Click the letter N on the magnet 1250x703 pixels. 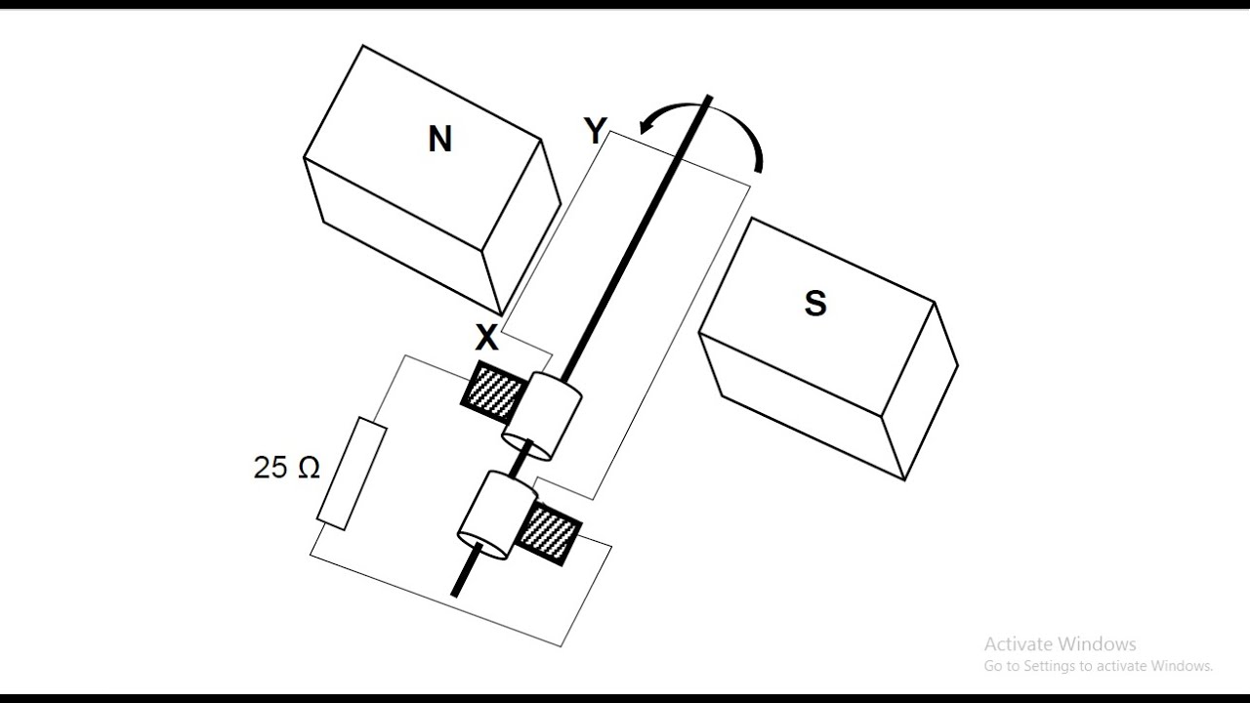tap(439, 140)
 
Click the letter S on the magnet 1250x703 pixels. tap(814, 304)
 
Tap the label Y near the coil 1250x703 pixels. tap(595, 131)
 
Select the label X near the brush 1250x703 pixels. tap(486, 339)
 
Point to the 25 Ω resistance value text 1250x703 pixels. tap(286, 468)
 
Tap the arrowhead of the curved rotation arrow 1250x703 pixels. tap(646, 126)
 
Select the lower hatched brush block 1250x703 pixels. tap(547, 532)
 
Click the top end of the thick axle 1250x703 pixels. tap(709, 99)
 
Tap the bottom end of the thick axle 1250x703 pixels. tap(455, 592)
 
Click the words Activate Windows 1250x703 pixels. tap(1060, 644)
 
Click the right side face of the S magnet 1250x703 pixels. tap(920, 391)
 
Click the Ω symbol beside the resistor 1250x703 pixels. tap(308, 468)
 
